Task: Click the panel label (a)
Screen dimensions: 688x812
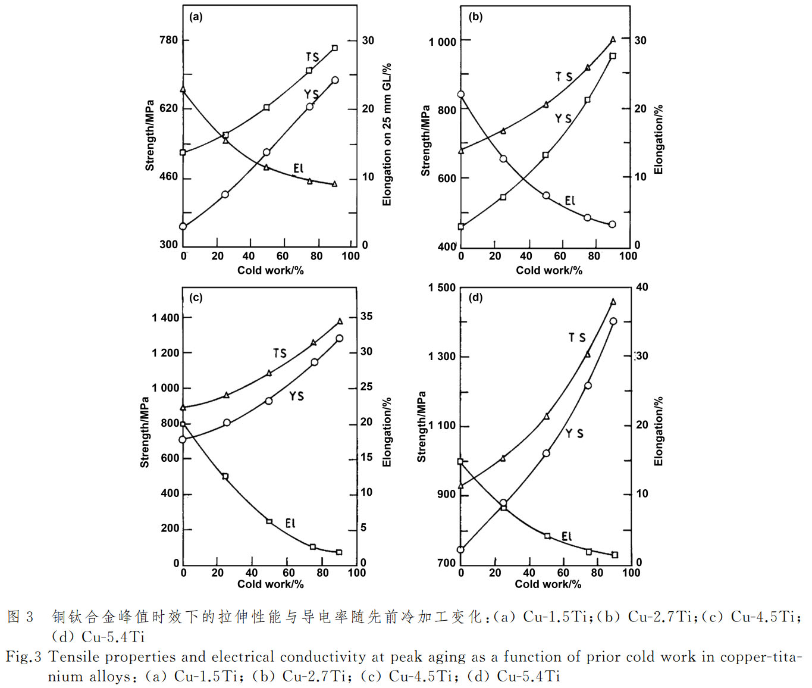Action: point(196,17)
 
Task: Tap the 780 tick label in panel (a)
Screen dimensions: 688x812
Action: point(168,40)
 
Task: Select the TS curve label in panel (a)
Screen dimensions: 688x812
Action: point(312,57)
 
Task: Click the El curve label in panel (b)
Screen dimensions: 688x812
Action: point(570,201)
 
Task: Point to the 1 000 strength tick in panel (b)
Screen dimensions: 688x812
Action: point(443,42)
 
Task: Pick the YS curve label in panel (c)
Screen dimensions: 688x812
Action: point(296,396)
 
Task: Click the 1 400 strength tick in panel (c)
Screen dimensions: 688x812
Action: point(165,318)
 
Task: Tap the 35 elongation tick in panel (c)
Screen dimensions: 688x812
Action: point(366,317)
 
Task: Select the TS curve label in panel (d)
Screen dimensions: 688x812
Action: point(576,337)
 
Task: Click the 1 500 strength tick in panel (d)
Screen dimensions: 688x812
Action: point(442,287)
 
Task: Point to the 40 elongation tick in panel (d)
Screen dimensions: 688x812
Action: point(642,287)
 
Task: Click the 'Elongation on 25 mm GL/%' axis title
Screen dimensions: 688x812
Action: point(387,135)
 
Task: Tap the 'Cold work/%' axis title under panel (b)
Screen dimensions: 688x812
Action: point(548,270)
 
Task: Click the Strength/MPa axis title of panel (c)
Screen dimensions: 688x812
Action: point(145,432)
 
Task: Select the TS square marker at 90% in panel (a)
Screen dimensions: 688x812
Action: point(335,48)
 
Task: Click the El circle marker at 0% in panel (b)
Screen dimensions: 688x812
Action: point(460,94)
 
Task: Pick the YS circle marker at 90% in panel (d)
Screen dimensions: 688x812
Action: point(613,321)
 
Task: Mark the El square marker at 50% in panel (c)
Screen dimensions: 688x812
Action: point(269,521)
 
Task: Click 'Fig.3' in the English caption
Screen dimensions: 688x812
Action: point(24,657)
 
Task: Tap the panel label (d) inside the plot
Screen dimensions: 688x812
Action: point(475,298)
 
